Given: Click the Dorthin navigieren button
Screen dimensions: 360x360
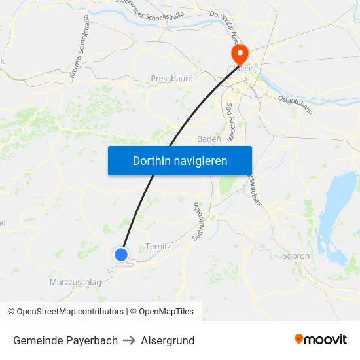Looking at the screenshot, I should point(179,160).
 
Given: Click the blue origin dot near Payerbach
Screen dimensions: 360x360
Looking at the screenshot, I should point(121,255).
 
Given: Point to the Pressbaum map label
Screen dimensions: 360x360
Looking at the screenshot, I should point(171,79).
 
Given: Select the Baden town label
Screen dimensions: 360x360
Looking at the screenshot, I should point(209,139).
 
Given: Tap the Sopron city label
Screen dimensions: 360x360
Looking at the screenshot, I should point(297,255).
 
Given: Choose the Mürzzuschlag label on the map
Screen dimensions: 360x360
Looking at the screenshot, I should point(75,282).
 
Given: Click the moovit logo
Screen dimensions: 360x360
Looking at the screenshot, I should point(321,340).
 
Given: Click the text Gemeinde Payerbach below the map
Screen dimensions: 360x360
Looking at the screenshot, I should point(65,340).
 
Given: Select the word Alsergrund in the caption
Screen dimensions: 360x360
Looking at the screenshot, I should point(168,340).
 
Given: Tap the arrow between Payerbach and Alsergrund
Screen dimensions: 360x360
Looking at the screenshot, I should point(129,340).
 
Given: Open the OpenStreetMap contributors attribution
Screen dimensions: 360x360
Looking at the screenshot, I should point(70,312).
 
